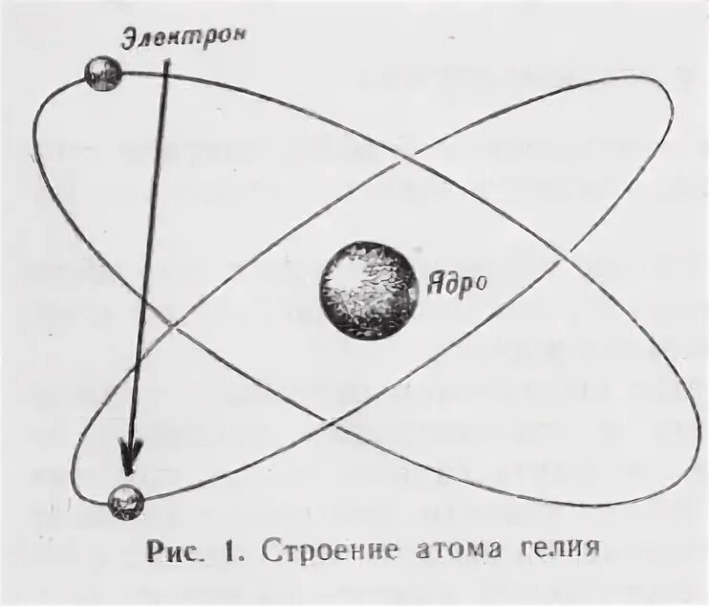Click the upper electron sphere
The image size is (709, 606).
click(x=102, y=74)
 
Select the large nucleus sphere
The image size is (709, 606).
click(x=369, y=288)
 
